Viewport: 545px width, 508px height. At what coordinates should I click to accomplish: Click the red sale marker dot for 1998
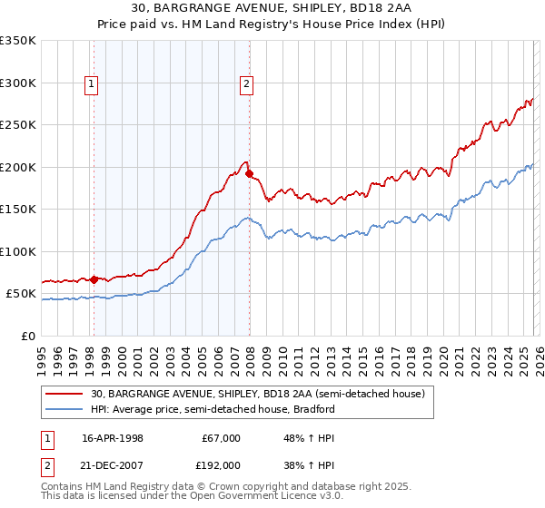(94, 279)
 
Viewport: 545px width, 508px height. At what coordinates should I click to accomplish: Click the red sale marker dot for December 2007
(249, 173)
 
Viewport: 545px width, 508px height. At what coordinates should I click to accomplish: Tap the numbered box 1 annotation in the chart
(93, 84)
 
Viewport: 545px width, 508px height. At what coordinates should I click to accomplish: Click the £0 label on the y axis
(27, 336)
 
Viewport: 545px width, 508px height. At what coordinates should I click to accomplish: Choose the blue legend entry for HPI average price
(213, 409)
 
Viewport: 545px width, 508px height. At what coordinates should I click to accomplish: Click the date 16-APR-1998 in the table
(113, 437)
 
